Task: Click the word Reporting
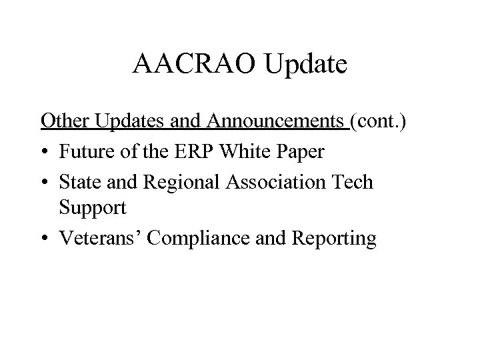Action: (x=337, y=237)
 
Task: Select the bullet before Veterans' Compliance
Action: (x=45, y=239)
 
